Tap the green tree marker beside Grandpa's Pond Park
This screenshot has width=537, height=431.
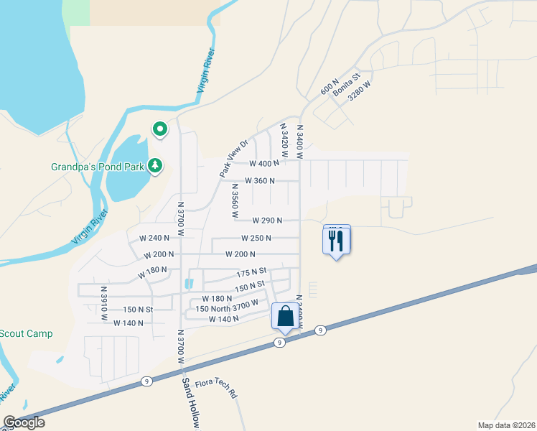point(155,167)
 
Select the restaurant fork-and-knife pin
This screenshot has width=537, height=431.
point(336,241)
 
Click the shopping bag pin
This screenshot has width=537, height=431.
point(285,316)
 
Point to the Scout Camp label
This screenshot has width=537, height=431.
point(26,334)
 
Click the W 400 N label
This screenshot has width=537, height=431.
point(263,163)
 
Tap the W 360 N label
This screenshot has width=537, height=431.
point(259,181)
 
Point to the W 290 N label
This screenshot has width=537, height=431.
point(266,221)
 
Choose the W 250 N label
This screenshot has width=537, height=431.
point(256,238)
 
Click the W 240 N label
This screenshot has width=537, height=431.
point(154,238)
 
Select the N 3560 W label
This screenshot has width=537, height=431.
point(234,200)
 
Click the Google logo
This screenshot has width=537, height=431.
point(24,422)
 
